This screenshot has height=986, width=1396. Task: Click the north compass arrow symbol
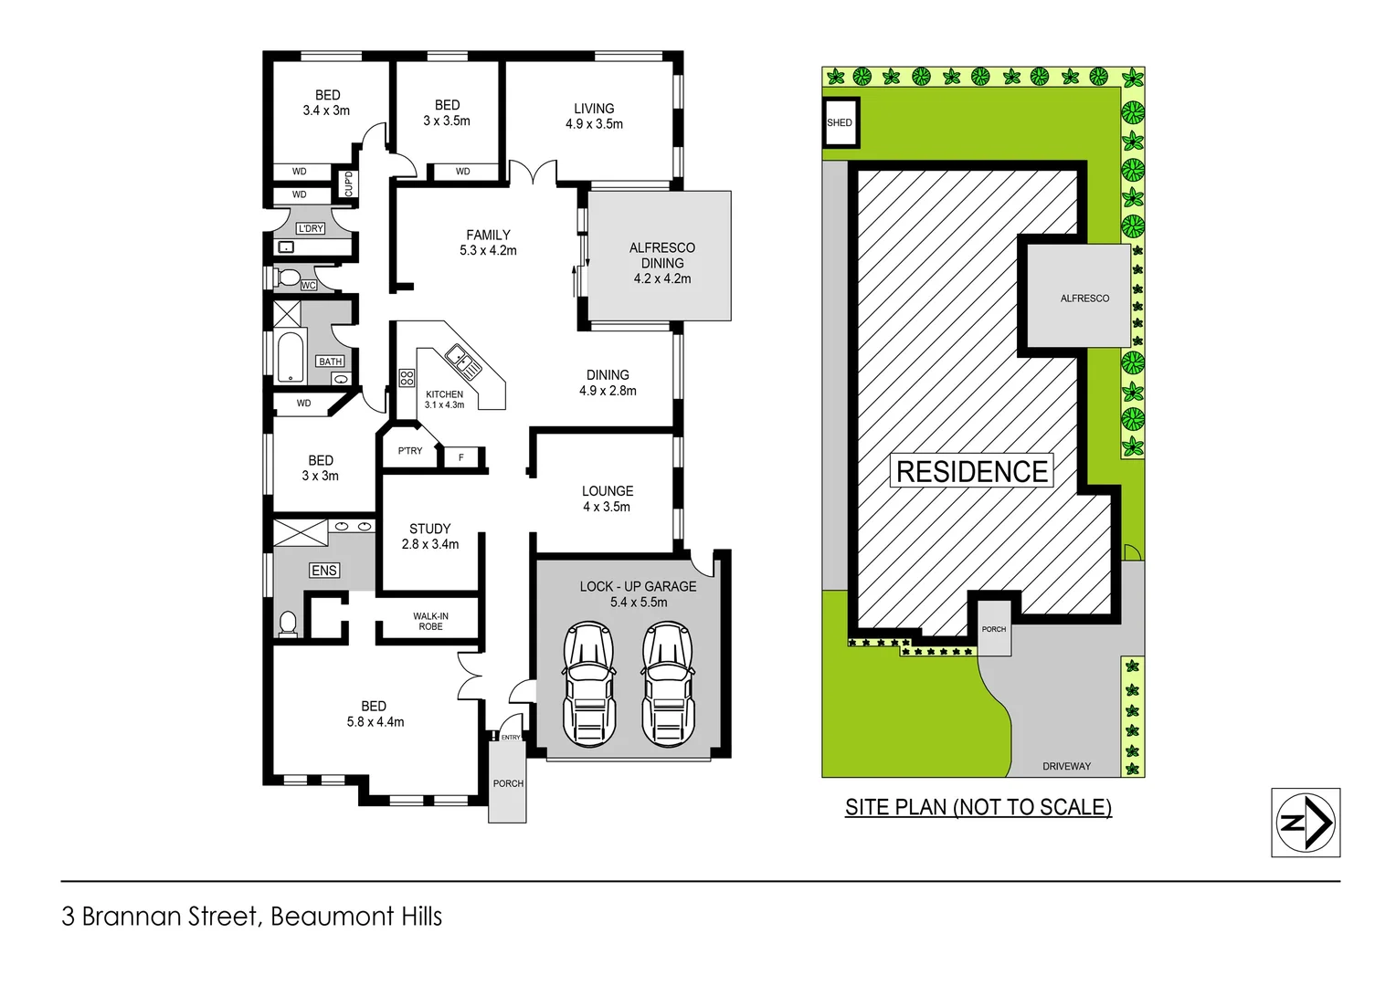coord(1306,822)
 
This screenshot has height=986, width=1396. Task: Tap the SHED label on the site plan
coord(839,122)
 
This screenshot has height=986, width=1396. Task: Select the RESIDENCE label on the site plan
coord(971,471)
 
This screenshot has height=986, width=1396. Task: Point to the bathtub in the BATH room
coord(290,358)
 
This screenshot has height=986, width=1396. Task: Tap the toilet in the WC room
coord(288,278)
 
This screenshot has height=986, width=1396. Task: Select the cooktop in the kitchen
coord(407,377)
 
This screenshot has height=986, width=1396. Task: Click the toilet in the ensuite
coord(288,624)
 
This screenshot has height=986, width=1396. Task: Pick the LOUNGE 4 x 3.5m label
coord(607,498)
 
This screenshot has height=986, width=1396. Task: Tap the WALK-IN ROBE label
coord(430,622)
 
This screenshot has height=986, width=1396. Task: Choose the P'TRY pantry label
coord(410,451)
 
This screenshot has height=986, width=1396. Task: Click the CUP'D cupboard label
coord(348,184)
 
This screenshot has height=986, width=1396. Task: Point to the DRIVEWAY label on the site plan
coord(1066,766)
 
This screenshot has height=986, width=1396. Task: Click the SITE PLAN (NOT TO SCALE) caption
coord(978,807)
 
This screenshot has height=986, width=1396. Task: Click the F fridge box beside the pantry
coord(461,457)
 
